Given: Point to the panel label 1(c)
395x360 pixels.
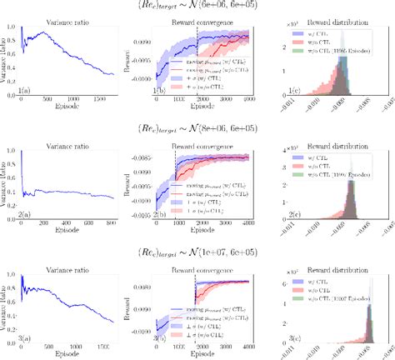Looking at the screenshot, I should pyautogui.click(x=291, y=90).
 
